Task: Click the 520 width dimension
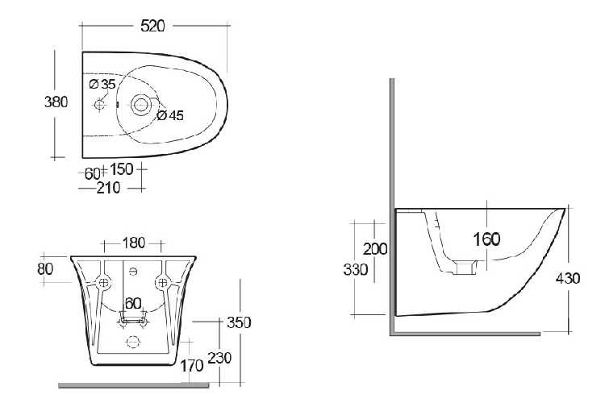pyautogui.click(x=152, y=26)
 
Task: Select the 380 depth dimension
pyautogui.click(x=56, y=102)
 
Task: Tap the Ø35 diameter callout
pyautogui.click(x=102, y=84)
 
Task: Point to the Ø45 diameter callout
pyautogui.click(x=170, y=115)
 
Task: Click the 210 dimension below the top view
pyautogui.click(x=108, y=188)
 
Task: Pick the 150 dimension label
pyautogui.click(x=122, y=169)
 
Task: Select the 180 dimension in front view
pyautogui.click(x=133, y=243)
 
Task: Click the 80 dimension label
pyautogui.click(x=45, y=268)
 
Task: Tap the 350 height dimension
pyautogui.click(x=239, y=322)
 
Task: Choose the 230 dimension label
pyautogui.click(x=219, y=358)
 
